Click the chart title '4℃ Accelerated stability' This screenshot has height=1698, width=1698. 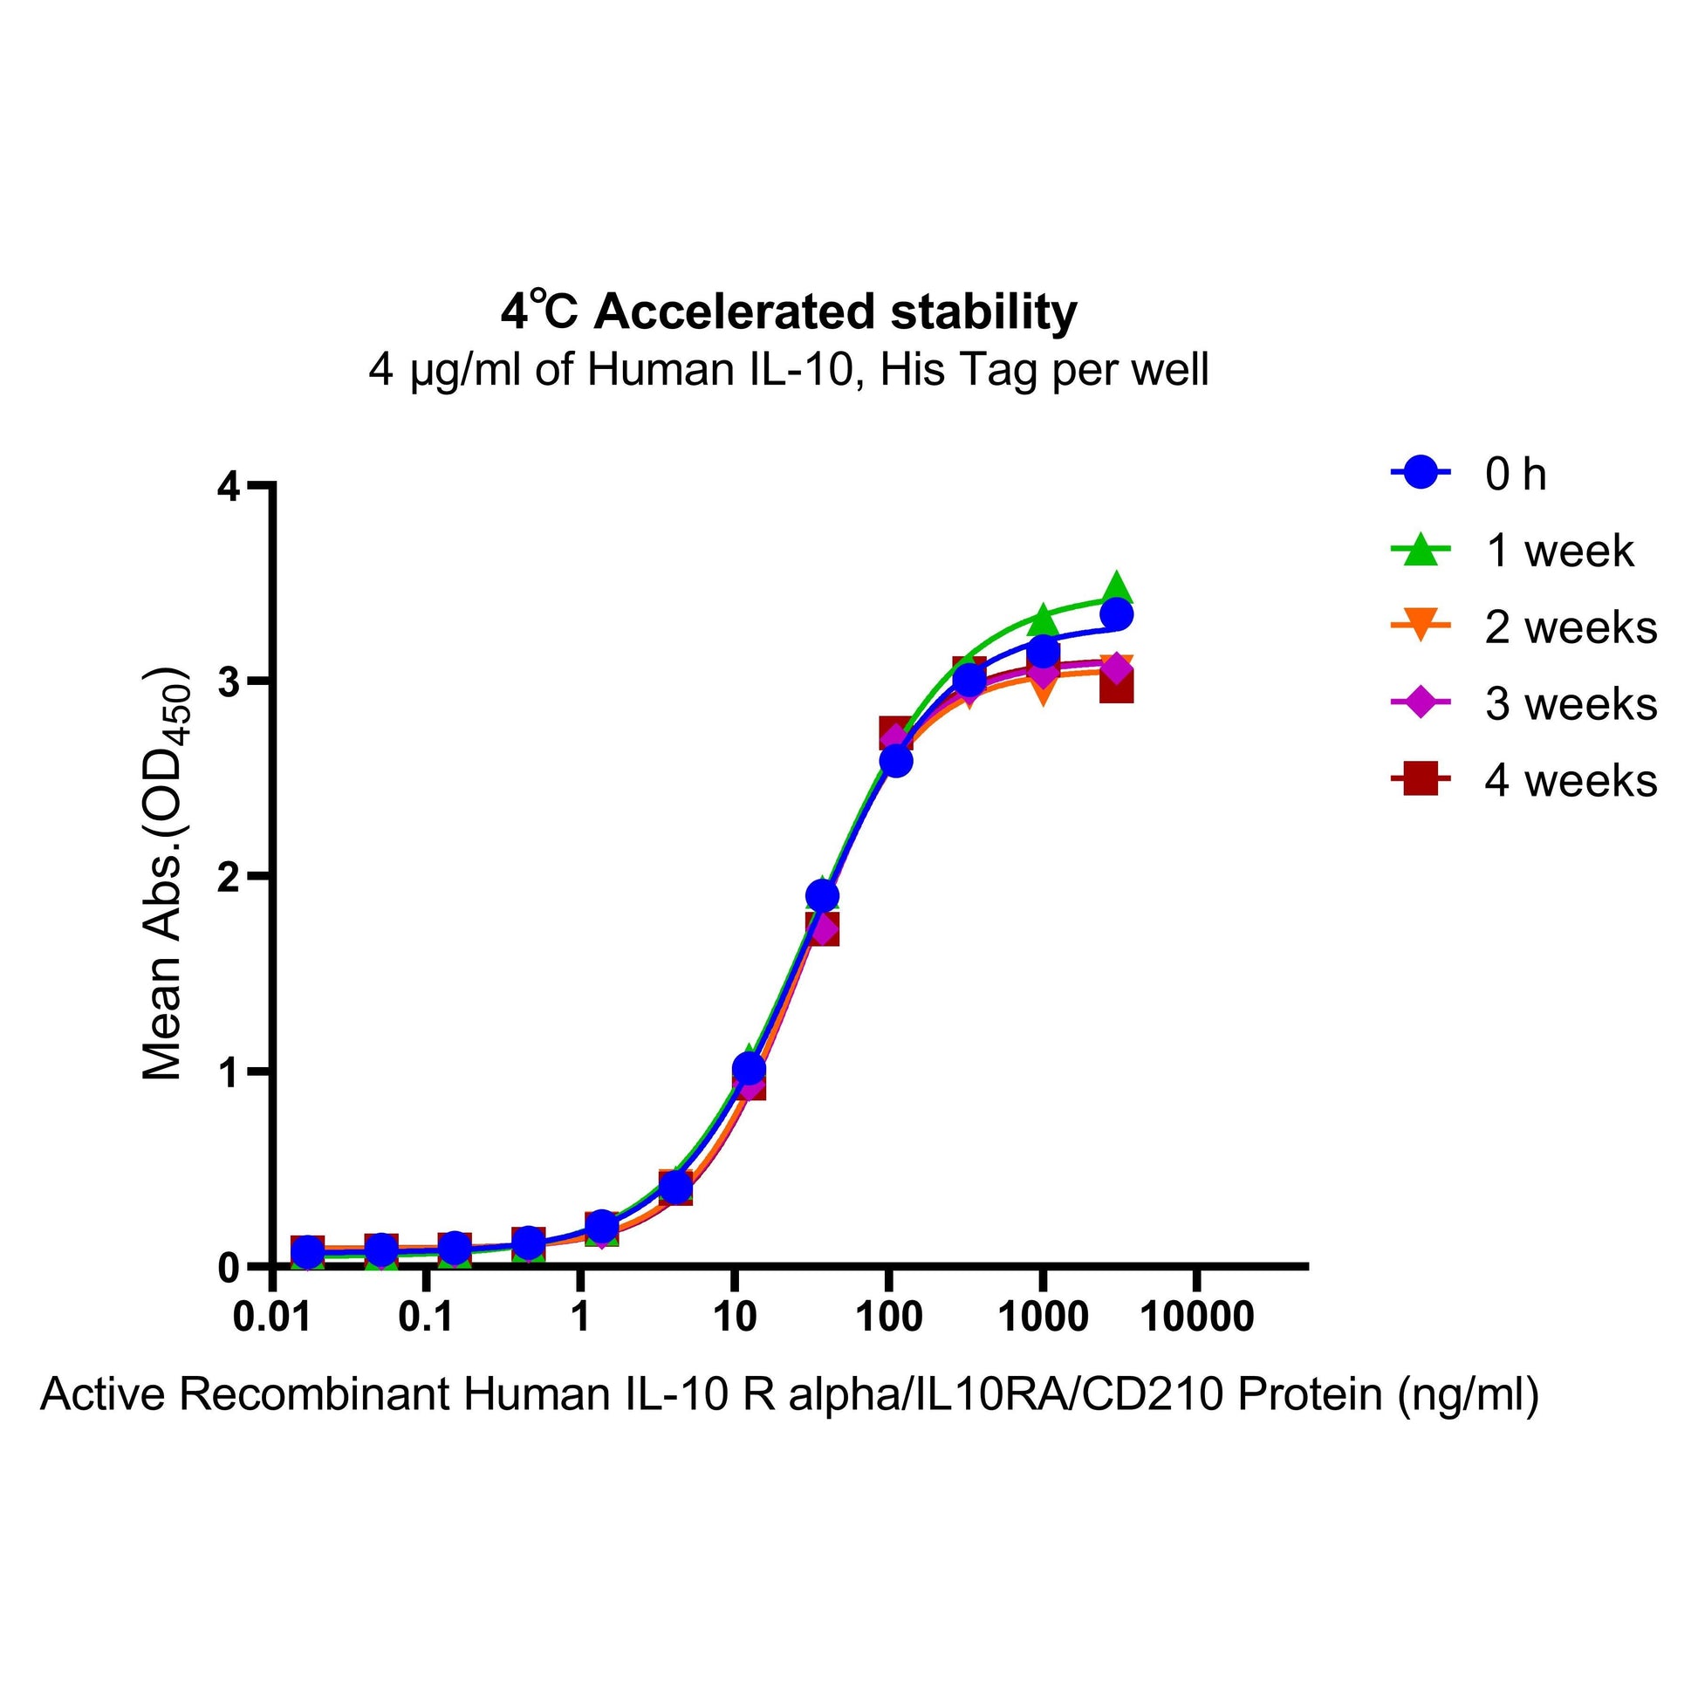click(789, 312)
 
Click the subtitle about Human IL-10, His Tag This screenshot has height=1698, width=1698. click(789, 370)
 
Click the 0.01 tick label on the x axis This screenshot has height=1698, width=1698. click(273, 1318)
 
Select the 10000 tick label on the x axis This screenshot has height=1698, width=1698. click(1196, 1318)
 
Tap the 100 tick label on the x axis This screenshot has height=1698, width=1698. click(889, 1318)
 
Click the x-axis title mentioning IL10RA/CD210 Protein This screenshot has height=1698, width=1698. click(790, 1394)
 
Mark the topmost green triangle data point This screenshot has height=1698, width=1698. click(1116, 587)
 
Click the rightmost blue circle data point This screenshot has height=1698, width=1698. click(1116, 614)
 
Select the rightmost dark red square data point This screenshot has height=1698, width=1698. click(1116, 688)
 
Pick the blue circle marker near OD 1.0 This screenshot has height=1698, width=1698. click(748, 1069)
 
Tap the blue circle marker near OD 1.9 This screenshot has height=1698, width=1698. click(822, 896)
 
